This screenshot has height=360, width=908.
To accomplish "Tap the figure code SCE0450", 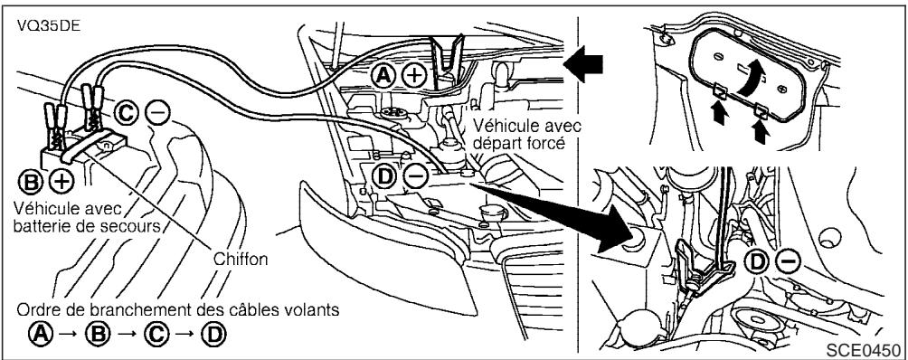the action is (870, 348).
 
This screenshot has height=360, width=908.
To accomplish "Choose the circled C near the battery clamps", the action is (128, 113).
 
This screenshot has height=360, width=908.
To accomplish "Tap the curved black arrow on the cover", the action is (752, 85).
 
